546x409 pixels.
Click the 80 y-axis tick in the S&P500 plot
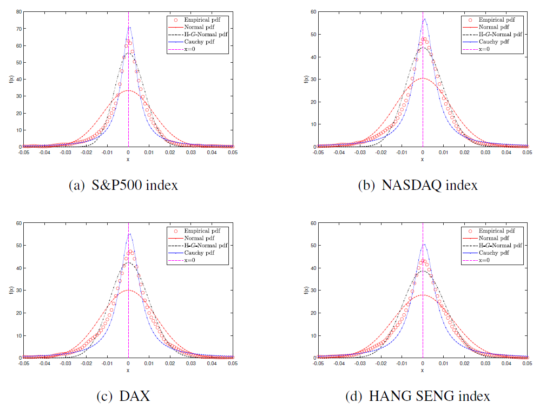coord(18,11)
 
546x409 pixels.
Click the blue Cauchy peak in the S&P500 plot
coord(129,27)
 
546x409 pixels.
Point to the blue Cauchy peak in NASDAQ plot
coord(424,19)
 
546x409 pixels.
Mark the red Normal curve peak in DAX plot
coord(128,290)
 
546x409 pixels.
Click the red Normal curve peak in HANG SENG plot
coord(423,295)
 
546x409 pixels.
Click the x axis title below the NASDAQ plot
coord(423,159)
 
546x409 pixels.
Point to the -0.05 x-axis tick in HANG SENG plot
coord(317,364)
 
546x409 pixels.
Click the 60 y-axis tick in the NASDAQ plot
coord(313,11)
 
